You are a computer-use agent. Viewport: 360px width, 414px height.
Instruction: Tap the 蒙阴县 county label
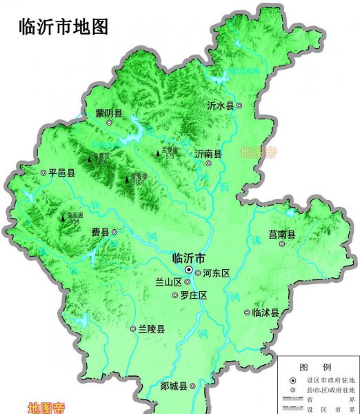108,114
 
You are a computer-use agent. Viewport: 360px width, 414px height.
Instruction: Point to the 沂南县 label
208,154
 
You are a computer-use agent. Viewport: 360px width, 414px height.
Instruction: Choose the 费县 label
100,232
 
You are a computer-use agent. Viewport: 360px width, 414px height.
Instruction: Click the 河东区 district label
216,273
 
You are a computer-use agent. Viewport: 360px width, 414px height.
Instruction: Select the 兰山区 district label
168,282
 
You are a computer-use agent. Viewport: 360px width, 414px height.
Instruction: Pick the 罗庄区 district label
194,295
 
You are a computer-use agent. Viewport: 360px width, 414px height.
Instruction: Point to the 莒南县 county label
281,235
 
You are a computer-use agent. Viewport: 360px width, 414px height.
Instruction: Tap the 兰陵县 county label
151,329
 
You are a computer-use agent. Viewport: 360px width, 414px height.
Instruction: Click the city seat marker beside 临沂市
189,270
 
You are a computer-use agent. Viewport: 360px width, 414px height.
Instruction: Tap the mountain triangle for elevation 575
158,152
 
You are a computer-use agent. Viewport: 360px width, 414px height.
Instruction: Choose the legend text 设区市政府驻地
328,380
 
